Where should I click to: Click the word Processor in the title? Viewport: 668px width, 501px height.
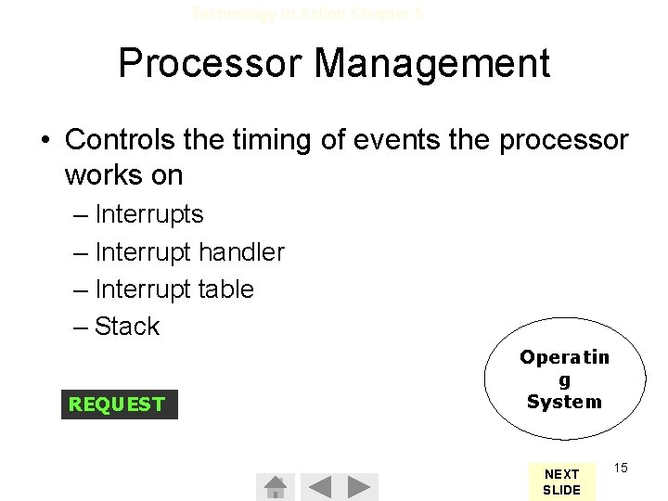(x=211, y=64)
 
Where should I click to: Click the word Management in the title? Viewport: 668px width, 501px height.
(x=432, y=64)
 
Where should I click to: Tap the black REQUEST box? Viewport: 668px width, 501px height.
(x=119, y=405)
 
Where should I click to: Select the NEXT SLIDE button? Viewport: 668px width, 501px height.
(x=561, y=482)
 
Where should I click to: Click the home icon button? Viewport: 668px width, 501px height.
(x=275, y=486)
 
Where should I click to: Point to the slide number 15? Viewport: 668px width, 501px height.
(x=621, y=468)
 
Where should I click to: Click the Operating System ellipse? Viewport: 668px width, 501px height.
(x=564, y=380)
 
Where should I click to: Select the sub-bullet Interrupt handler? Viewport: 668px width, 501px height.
(x=189, y=251)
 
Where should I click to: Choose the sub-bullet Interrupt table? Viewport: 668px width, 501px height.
(x=173, y=289)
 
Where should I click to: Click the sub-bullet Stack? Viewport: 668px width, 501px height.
(x=127, y=327)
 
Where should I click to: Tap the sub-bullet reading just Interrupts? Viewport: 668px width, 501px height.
(x=148, y=214)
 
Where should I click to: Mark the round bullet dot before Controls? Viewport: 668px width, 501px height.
(x=45, y=141)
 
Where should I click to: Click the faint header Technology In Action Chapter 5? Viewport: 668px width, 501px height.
(x=307, y=13)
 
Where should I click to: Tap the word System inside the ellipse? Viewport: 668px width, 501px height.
(x=564, y=402)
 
